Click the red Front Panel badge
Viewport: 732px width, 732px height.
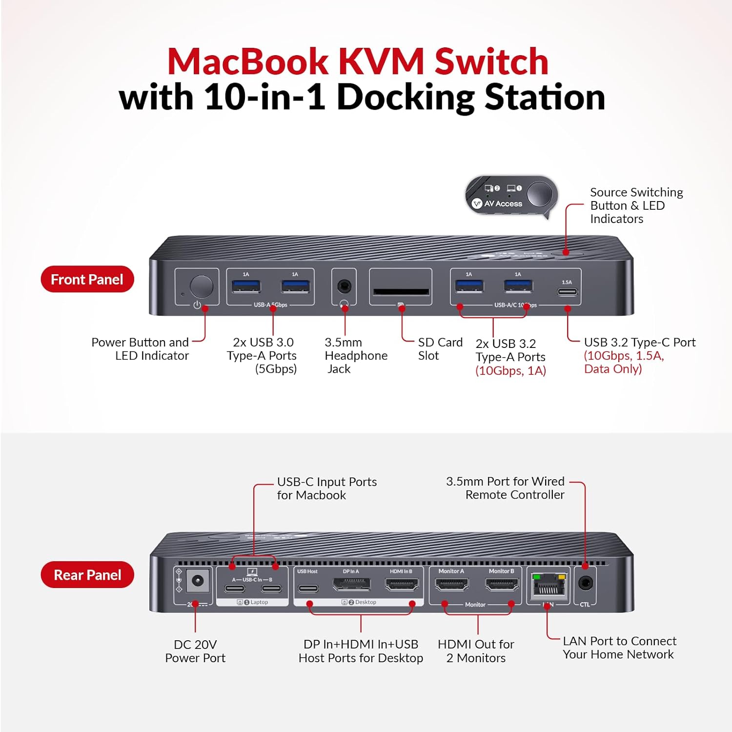tap(87, 279)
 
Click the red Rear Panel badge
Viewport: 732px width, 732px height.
tap(87, 575)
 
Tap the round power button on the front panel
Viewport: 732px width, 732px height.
tap(201, 286)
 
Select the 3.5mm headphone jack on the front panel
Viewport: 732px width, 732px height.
tap(345, 286)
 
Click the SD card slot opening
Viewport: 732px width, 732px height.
tap(401, 292)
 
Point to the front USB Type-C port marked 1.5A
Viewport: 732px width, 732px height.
tap(567, 292)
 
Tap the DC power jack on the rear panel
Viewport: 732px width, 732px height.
tap(198, 581)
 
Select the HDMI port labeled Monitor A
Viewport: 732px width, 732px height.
tap(451, 584)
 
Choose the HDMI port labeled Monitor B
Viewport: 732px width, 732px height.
tap(502, 584)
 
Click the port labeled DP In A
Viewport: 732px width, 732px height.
tap(351, 584)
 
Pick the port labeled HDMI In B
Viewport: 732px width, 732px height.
tap(402, 584)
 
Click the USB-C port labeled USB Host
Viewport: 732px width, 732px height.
tap(307, 588)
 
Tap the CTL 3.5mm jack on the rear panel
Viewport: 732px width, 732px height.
tap(585, 583)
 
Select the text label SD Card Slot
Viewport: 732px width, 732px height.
tap(440, 349)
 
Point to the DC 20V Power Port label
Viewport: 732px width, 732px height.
tap(195, 651)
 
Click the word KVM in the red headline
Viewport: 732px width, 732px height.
tap(381, 62)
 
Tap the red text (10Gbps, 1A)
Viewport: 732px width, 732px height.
tap(510, 370)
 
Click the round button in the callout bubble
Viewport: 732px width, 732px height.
tap(539, 194)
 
